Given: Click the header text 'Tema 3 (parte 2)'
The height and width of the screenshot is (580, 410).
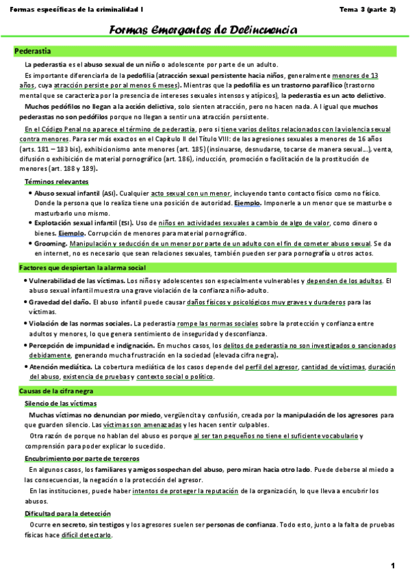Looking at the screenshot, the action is click(x=368, y=9).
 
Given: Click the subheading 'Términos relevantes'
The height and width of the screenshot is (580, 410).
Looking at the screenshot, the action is click(x=56, y=182).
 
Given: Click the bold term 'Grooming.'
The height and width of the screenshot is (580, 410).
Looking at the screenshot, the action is click(x=50, y=243).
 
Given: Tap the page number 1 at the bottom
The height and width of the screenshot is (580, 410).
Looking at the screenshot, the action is click(x=394, y=566).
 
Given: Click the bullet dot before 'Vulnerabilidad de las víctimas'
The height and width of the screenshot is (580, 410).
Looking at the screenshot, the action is click(x=25, y=280).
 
